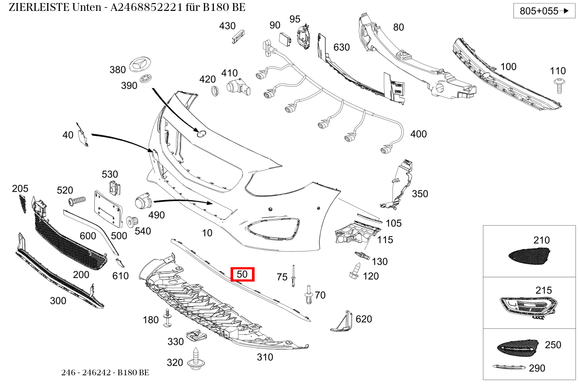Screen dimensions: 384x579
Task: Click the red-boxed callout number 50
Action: (242, 275)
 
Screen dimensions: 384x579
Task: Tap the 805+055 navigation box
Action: (544, 11)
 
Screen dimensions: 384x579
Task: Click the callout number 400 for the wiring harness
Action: (418, 134)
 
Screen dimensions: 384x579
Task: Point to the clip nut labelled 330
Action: (196, 336)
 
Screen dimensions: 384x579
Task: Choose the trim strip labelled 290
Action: (508, 367)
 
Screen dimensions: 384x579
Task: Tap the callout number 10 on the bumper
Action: (207, 233)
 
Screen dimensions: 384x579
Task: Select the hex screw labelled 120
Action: (355, 271)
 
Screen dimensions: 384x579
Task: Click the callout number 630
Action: (341, 47)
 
